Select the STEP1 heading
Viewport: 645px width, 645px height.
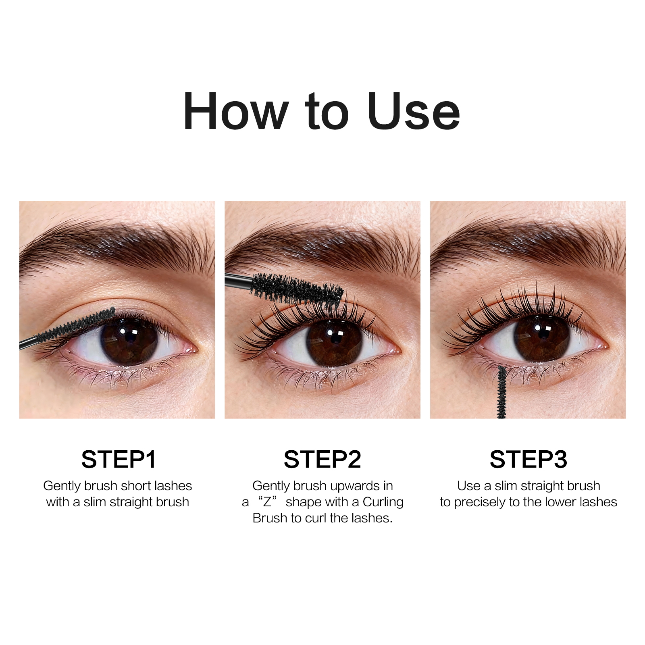point(119,459)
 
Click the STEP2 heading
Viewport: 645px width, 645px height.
point(322,459)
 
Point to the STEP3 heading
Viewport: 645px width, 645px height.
point(528,459)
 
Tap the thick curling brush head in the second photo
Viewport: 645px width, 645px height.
point(296,289)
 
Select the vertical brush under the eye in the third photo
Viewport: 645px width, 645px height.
point(501,391)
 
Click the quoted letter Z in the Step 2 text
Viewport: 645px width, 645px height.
point(267,502)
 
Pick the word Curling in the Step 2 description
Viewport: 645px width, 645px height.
point(383,502)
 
